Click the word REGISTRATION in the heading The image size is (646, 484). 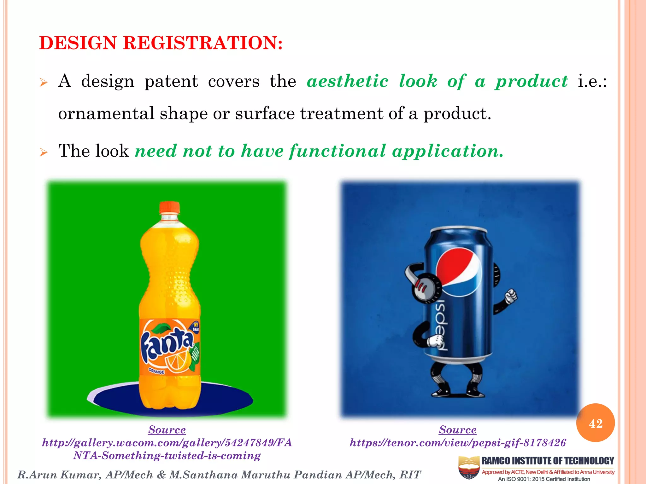(203, 43)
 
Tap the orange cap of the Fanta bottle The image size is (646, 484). (169, 207)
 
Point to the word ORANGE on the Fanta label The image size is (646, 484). (157, 372)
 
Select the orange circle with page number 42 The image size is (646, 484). (595, 423)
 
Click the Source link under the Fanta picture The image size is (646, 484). (167, 430)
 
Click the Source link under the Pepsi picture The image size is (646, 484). (458, 430)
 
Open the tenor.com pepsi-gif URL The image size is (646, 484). (458, 443)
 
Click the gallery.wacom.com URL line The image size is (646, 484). (167, 443)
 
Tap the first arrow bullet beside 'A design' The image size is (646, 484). (44, 83)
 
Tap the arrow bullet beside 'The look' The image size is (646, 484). (44, 153)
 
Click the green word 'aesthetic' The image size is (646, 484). (347, 82)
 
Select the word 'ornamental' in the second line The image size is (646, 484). (106, 114)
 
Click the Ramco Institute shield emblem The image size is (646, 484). (469, 468)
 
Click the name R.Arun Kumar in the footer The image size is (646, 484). (59, 475)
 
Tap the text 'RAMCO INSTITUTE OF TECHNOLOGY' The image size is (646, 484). (548, 461)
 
